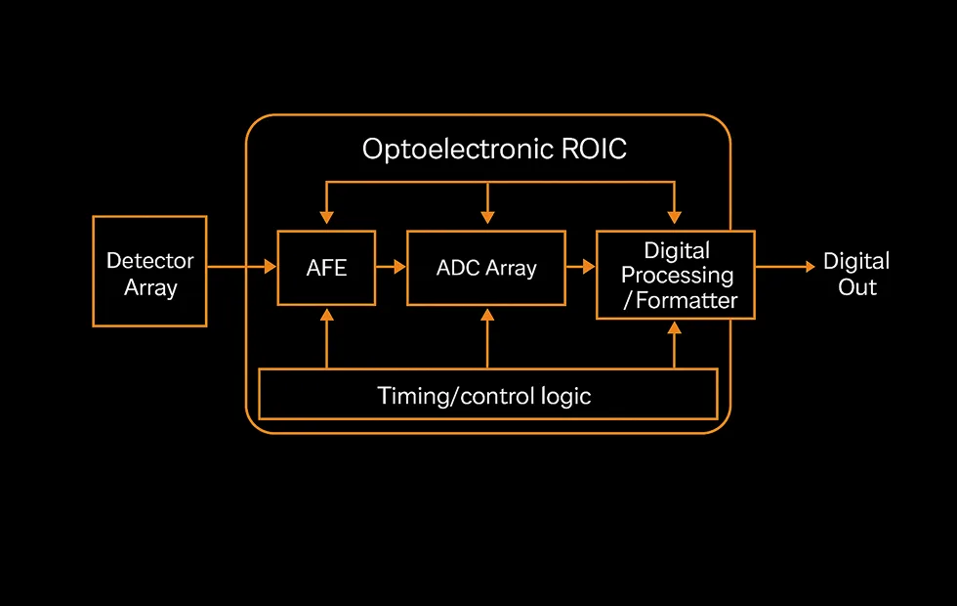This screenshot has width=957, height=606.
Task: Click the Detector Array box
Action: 149,272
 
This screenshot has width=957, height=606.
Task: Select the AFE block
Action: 326,267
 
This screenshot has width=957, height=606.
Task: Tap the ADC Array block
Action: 486,267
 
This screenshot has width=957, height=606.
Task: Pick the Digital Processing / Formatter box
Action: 676,275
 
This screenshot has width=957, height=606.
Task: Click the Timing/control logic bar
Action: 486,395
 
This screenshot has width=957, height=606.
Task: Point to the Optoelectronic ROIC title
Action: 494,150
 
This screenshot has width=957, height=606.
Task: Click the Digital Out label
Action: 856,275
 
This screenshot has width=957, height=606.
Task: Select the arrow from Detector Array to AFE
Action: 242,266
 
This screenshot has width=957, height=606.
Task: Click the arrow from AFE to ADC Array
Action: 391,266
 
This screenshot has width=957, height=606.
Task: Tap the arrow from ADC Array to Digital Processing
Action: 581,266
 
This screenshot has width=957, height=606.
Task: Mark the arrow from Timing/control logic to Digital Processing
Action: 674,344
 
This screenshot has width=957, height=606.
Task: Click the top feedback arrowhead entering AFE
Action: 326,217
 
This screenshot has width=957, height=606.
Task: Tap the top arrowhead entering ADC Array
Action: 486,217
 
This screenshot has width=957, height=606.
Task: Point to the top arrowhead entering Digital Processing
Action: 674,217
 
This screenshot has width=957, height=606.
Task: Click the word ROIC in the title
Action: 591,150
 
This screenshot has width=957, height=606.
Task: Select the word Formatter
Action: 687,300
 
